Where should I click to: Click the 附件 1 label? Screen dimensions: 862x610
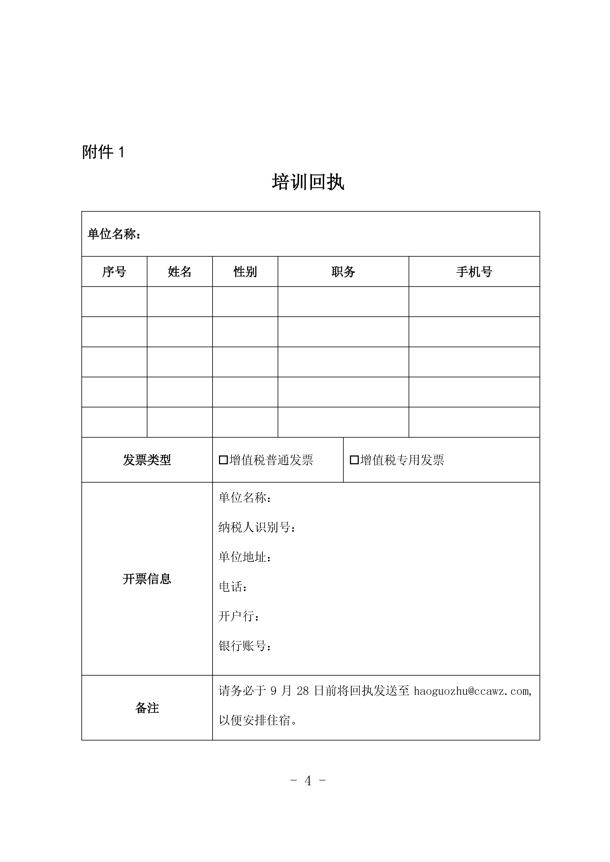pyautogui.click(x=103, y=152)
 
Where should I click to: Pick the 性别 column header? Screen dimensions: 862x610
pyautogui.click(x=245, y=271)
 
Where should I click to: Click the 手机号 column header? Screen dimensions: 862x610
pyautogui.click(x=474, y=271)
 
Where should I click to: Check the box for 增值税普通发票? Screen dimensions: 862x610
pyautogui.click(x=223, y=460)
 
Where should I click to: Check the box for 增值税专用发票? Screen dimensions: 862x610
pyautogui.click(x=354, y=460)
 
